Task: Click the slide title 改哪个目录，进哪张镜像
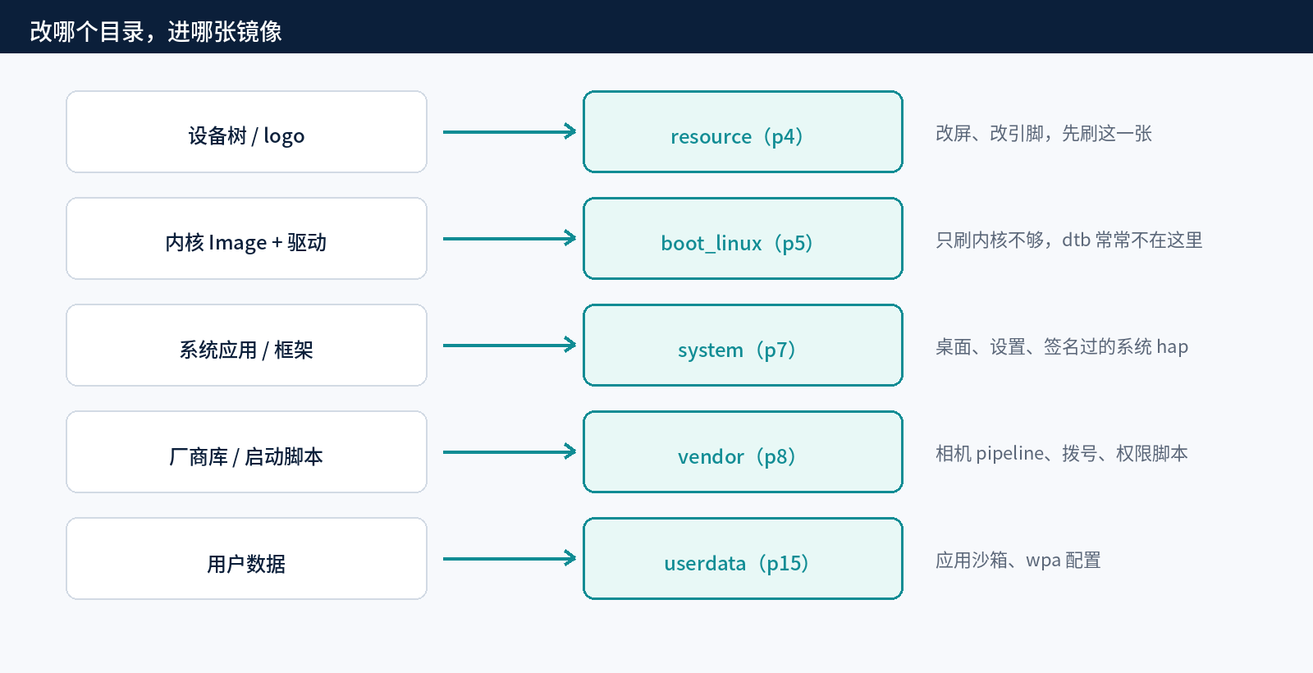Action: coord(156,32)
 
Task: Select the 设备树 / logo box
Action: coord(246,132)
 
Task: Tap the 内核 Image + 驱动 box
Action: coord(246,239)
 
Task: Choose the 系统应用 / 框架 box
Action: coord(246,346)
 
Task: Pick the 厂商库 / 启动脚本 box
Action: coord(246,452)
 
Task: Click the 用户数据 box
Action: coord(246,559)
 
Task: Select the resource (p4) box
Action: coord(743,132)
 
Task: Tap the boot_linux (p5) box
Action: coord(743,239)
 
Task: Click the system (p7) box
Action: coord(743,346)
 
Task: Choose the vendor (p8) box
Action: coord(743,452)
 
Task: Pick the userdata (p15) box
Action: coord(743,559)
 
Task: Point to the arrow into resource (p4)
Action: coord(510,132)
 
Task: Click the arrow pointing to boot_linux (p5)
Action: coord(510,239)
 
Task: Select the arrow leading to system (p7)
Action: coord(510,346)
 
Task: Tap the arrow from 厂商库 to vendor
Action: coord(510,452)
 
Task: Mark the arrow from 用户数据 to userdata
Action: coord(510,559)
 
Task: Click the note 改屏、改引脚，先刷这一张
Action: coord(1044,134)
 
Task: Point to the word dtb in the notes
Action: coord(1076,240)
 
